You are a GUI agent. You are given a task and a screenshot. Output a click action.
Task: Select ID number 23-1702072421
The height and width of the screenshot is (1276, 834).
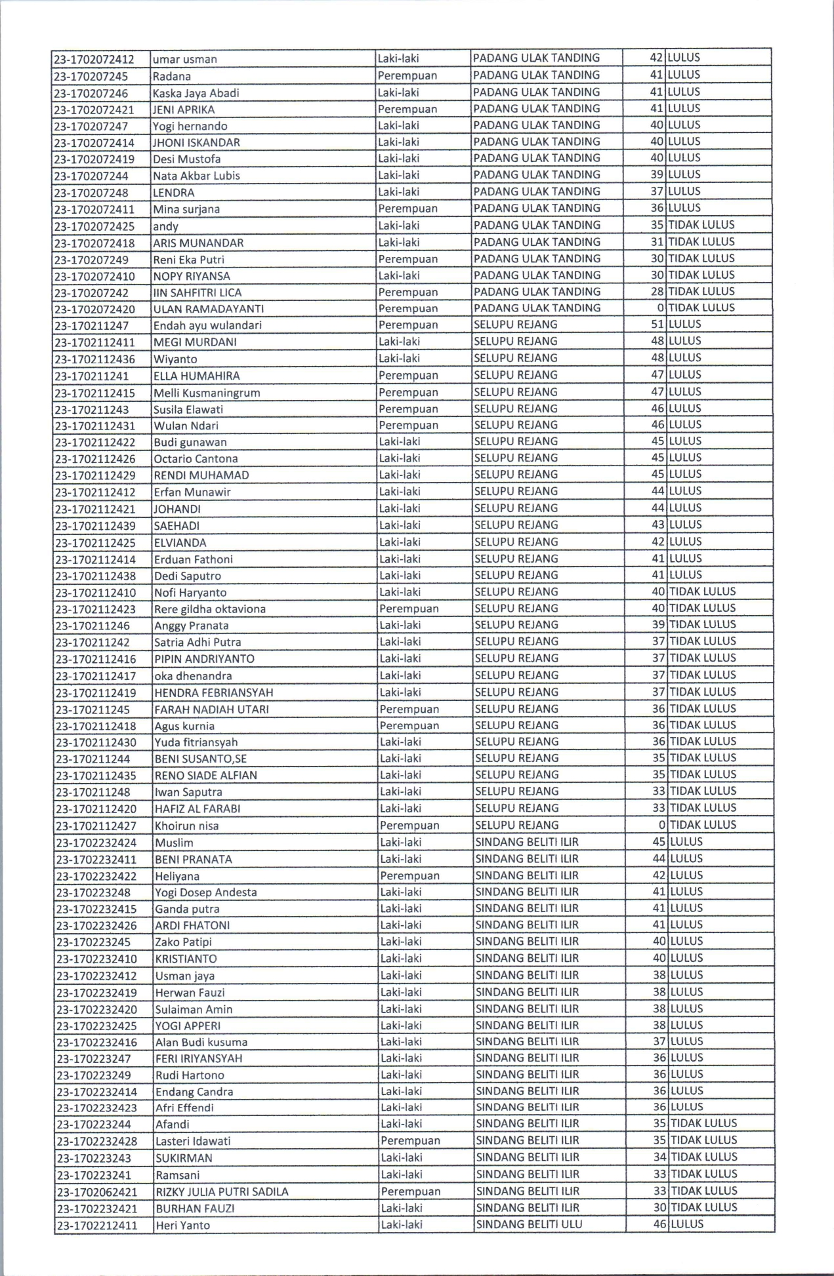pyautogui.click(x=94, y=110)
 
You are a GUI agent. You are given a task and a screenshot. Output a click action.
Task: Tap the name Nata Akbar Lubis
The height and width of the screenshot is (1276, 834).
pyautogui.click(x=196, y=176)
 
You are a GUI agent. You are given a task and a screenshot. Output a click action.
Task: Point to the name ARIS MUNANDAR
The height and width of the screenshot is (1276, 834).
pyautogui.click(x=198, y=243)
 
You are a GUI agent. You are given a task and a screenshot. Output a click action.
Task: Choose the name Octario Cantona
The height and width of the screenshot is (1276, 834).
pyautogui.click(x=196, y=458)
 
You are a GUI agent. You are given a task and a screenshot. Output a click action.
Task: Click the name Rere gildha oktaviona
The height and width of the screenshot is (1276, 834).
pyautogui.click(x=210, y=609)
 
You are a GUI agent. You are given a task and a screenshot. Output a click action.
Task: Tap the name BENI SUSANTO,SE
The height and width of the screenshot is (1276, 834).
pyautogui.click(x=200, y=759)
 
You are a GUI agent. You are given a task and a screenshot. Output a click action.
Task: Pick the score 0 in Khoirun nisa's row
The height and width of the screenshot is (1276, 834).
pyautogui.click(x=661, y=825)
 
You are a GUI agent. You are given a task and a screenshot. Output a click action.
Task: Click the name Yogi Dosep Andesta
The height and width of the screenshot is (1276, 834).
pyautogui.click(x=206, y=892)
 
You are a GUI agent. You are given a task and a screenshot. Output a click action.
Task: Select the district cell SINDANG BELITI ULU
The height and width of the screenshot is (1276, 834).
pyautogui.click(x=528, y=1224)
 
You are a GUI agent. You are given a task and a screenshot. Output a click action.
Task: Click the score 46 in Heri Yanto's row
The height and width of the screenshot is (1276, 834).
pyautogui.click(x=659, y=1224)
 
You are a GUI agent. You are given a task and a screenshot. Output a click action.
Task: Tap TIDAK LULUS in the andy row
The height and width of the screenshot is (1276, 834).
pyautogui.click(x=701, y=226)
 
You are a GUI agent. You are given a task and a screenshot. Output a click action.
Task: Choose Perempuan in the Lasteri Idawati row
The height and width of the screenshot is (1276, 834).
pyautogui.click(x=410, y=1141)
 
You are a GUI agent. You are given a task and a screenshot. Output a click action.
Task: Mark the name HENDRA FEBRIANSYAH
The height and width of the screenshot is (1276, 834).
pyautogui.click(x=213, y=692)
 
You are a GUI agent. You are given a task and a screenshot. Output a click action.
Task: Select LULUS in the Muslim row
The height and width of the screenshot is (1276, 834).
pyautogui.click(x=686, y=842)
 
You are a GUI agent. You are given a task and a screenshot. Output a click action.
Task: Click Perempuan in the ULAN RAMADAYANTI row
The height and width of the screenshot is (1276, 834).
pyautogui.click(x=407, y=308)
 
